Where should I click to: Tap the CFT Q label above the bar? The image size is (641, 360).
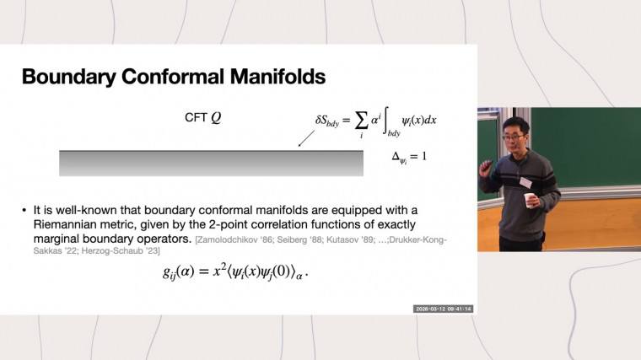pyautogui.click(x=203, y=119)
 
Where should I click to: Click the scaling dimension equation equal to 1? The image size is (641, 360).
pyautogui.click(x=404, y=156)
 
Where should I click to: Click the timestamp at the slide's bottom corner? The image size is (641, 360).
pyautogui.click(x=443, y=309)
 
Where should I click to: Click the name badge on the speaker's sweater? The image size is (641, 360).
pyautogui.click(x=526, y=182)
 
